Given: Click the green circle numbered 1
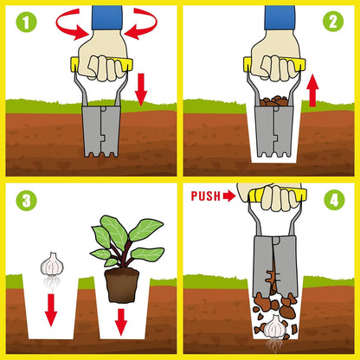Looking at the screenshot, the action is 26,22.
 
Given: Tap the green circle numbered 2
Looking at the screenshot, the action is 333,21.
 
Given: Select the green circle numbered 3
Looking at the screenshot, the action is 26,200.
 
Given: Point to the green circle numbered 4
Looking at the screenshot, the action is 334,199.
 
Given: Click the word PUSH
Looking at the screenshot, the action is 206,196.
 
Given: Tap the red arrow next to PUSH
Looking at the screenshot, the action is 229,196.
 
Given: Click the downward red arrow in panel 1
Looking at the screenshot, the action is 141,89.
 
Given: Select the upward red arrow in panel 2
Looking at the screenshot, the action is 312,90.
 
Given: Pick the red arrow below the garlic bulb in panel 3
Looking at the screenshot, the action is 51,310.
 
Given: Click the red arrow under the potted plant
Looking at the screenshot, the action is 121,322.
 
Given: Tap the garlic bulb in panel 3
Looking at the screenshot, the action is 52,264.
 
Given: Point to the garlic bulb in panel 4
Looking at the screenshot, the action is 274,326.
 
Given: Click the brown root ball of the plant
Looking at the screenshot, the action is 121,285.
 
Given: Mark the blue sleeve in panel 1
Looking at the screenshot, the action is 107,17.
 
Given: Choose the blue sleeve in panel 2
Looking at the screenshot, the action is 280,17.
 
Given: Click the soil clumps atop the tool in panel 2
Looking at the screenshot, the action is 273,101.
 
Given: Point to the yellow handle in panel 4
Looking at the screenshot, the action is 277,195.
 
